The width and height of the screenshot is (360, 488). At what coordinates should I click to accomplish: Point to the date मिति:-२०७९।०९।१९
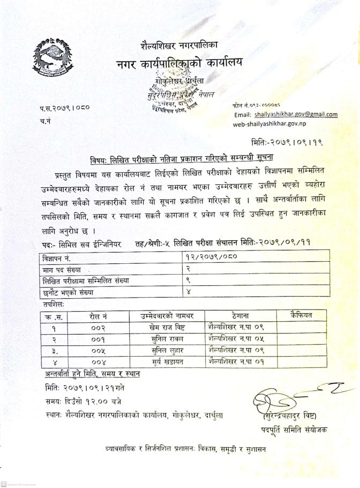(x=287, y=142)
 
